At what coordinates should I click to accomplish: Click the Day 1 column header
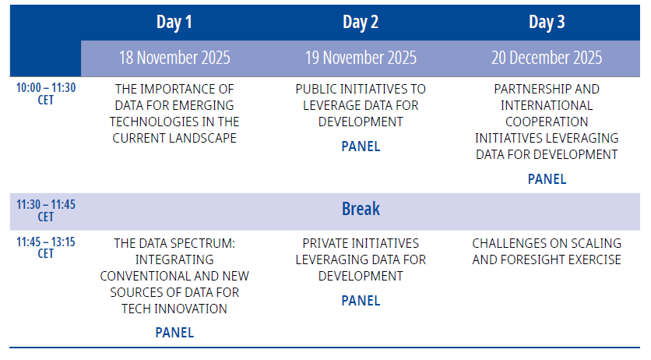pyautogui.click(x=174, y=23)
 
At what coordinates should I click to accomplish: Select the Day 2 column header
pyautogui.click(x=361, y=23)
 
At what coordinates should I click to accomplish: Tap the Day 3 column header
pyautogui.click(x=547, y=23)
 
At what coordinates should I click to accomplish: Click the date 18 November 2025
pyautogui.click(x=174, y=58)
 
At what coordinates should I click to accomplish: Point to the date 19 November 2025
pyautogui.click(x=361, y=58)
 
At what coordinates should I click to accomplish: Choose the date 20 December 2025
pyautogui.click(x=547, y=58)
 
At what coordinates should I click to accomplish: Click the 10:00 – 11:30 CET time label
pyautogui.click(x=46, y=94)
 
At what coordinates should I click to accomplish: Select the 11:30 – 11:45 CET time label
pyautogui.click(x=46, y=210)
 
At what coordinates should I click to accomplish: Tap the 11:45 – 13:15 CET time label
pyautogui.click(x=46, y=248)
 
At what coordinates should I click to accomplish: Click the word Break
pyautogui.click(x=361, y=209)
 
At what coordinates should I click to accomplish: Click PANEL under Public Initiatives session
pyautogui.click(x=361, y=146)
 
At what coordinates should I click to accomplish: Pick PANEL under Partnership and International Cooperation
pyautogui.click(x=547, y=179)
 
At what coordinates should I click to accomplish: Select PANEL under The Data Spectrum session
pyautogui.click(x=174, y=333)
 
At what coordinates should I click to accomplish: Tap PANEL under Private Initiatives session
pyautogui.click(x=361, y=301)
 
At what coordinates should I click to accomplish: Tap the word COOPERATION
pyautogui.click(x=547, y=122)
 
